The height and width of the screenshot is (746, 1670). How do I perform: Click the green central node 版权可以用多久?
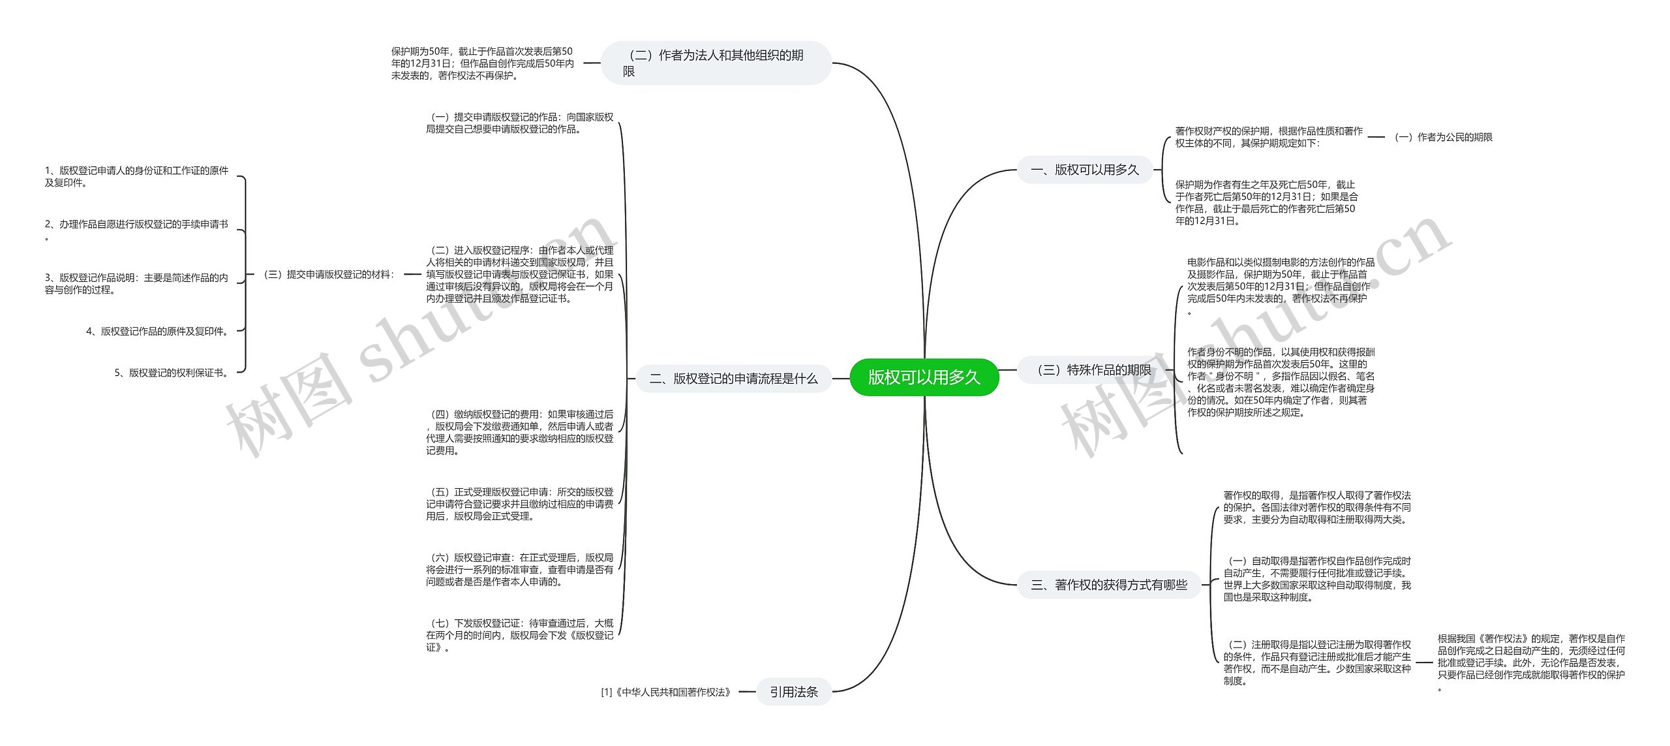[x=924, y=377]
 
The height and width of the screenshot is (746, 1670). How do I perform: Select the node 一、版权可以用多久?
[x=1084, y=170]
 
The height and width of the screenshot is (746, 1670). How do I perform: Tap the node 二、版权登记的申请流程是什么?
[x=733, y=379]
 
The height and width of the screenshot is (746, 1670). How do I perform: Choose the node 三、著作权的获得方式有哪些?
[x=1108, y=585]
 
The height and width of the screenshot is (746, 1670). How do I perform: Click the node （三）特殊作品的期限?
[x=1094, y=370]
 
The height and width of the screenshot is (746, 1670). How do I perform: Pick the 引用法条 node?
[x=793, y=692]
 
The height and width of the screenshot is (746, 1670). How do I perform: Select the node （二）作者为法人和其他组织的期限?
[x=716, y=63]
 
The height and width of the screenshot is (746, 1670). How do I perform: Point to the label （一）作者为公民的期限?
[x=1442, y=137]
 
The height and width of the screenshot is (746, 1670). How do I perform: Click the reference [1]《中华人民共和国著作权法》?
[x=666, y=692]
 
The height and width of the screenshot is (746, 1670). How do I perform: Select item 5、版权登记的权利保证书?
[x=172, y=373]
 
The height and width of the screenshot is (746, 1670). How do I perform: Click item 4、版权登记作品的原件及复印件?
[x=158, y=332]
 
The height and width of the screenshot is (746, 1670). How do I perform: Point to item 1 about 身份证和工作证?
[x=136, y=177]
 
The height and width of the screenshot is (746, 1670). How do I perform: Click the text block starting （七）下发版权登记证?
[x=520, y=635]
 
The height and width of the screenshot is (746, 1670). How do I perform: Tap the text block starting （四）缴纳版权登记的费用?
[x=520, y=432]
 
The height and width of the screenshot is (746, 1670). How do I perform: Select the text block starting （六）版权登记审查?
[x=520, y=569]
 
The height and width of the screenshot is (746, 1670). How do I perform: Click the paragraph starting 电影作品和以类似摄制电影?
[x=1280, y=286]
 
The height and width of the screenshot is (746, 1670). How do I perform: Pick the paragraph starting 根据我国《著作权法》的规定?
[x=1530, y=662]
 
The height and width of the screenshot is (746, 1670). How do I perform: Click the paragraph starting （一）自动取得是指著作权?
[x=1316, y=579]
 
